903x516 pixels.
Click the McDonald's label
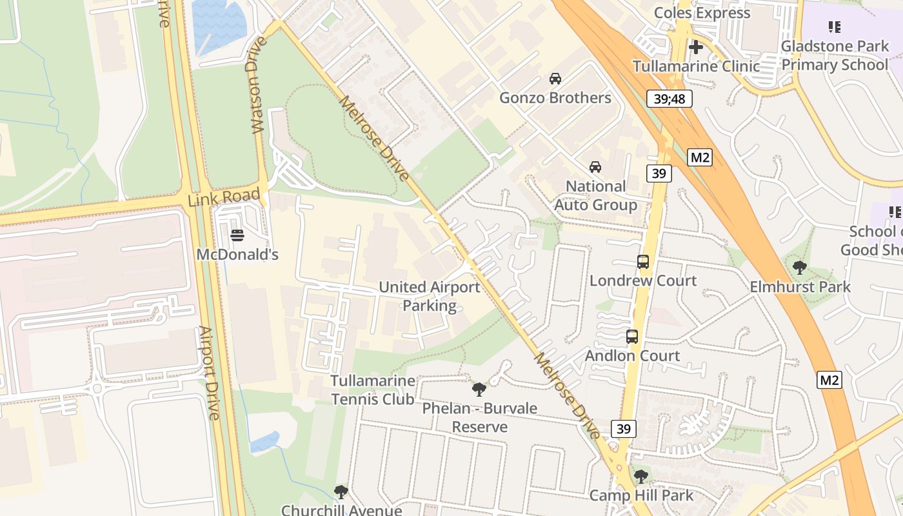pos(237,255)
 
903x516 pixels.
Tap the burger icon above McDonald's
pos(237,235)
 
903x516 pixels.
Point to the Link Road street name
pos(224,197)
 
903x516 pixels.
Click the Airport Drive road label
pos(209,373)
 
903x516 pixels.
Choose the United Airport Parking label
pos(429,296)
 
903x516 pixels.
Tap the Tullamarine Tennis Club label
pos(373,390)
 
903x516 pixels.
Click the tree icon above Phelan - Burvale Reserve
pos(479,389)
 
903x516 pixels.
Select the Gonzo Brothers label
pos(555,98)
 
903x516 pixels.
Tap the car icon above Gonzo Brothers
pos(555,79)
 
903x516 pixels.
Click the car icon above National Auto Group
pos(595,167)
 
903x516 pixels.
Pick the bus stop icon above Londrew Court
pos(643,262)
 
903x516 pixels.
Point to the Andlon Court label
pos(632,355)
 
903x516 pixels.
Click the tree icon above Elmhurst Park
pos(800,267)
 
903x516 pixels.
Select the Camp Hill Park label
pos(641,495)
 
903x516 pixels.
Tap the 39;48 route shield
pos(670,99)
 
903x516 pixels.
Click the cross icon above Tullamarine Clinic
pos(695,47)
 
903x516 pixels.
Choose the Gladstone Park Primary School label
pos(835,55)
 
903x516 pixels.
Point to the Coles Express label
pos(702,13)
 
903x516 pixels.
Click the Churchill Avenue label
pos(341,510)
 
